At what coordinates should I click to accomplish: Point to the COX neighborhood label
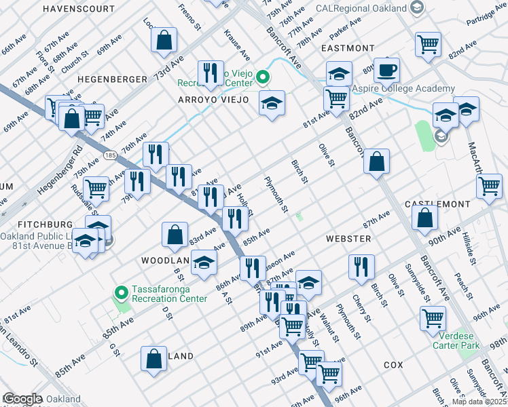pos(393,365)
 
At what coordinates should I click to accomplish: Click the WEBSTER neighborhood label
pos(348,239)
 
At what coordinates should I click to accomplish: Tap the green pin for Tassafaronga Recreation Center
pos(122,293)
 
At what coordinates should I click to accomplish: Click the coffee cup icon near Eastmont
pos(386,70)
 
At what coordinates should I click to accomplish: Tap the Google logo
pos(22,399)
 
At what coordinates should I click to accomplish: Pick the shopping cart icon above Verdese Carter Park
pos(433,317)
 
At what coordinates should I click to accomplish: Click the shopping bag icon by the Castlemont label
pos(424,217)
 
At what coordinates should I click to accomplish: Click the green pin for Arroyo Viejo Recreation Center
pos(262,78)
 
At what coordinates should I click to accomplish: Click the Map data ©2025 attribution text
pos(479,402)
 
